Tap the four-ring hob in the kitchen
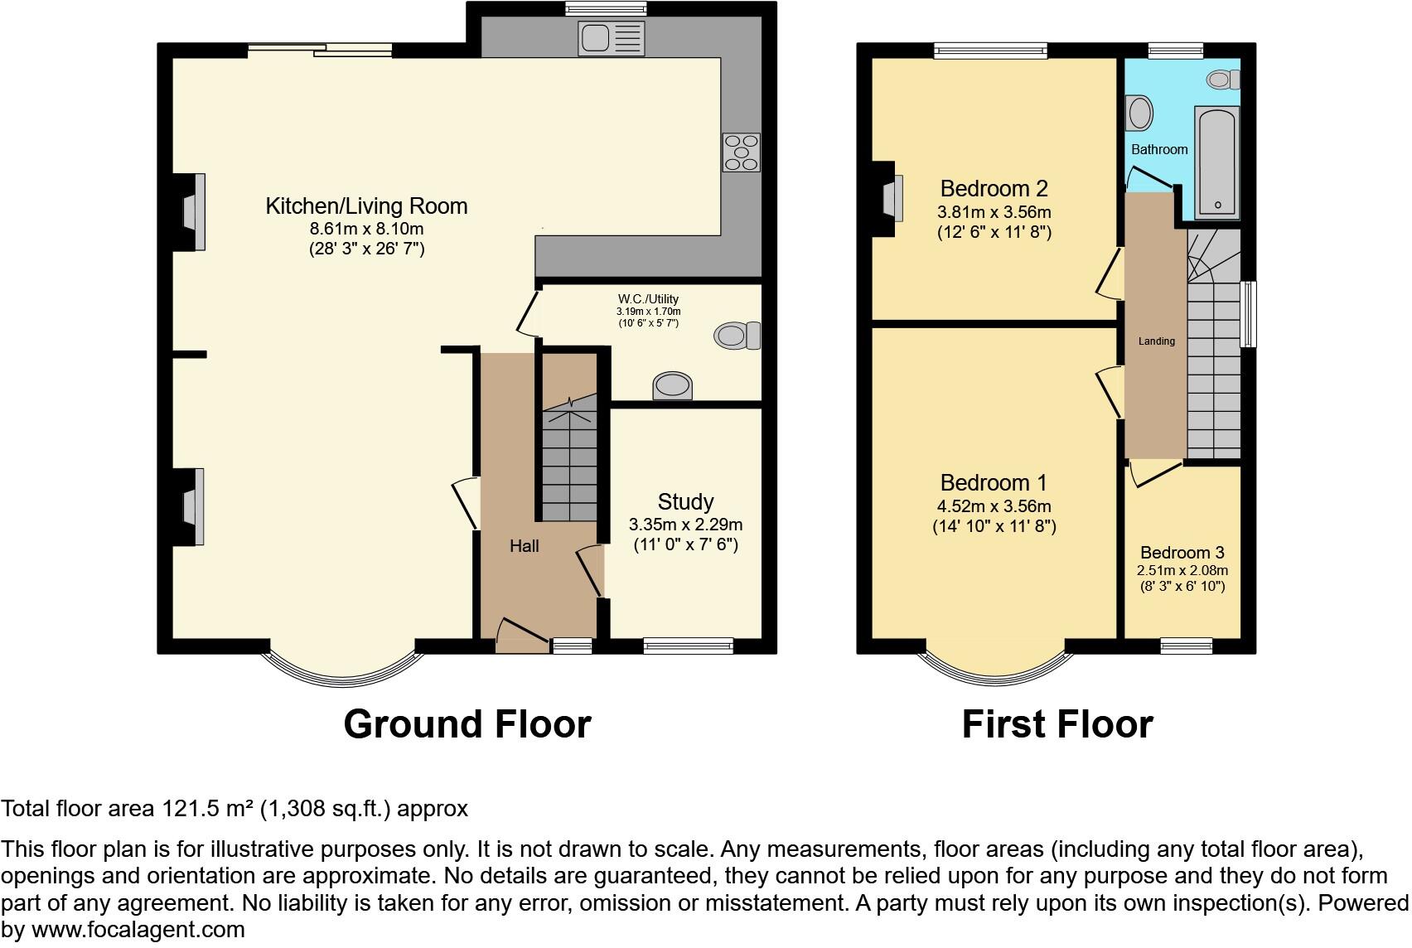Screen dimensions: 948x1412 pos(741,152)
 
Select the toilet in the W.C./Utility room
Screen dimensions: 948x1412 pos(737,336)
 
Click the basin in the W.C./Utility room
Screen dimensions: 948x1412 pos(672,385)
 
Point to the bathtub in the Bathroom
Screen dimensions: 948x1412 pos(1217,162)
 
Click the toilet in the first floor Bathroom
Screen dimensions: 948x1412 pos(1223,80)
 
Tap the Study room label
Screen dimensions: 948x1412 pos(685,502)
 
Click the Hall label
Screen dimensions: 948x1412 pos(524,546)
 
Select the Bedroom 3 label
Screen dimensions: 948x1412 pos(1182,553)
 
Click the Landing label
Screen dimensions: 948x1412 pos(1156,341)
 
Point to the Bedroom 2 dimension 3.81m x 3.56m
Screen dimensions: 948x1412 pos(994,212)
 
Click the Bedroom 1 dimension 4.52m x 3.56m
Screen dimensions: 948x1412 pos(994,506)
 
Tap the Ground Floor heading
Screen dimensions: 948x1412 pos(467,724)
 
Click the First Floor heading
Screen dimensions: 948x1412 pos(1057,724)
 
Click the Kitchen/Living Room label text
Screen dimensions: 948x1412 pos(366,206)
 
